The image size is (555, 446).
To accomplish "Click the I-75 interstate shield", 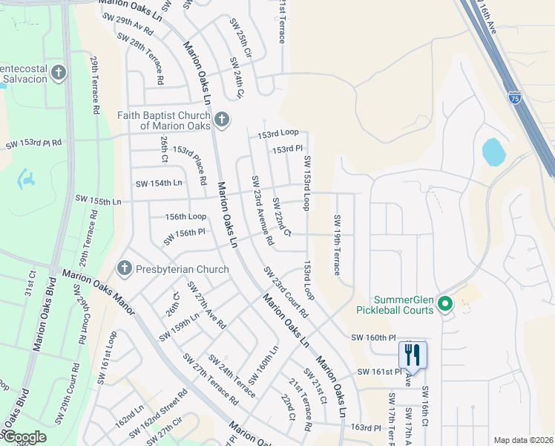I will point(515,97).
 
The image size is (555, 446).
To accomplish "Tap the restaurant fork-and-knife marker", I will point(413,355).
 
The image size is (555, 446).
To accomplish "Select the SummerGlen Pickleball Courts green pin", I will point(445,303).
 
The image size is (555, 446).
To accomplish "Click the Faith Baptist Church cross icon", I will point(220,120).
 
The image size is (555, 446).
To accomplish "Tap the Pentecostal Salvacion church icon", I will point(58,74).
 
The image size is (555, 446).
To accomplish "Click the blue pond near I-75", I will point(493,152).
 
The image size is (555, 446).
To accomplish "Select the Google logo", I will point(24,437).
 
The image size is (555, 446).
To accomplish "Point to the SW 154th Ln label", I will point(159,183).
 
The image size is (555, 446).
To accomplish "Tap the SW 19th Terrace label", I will point(337,245).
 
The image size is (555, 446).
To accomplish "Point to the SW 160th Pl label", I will point(377,337).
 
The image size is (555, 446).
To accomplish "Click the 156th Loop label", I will point(185,216).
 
